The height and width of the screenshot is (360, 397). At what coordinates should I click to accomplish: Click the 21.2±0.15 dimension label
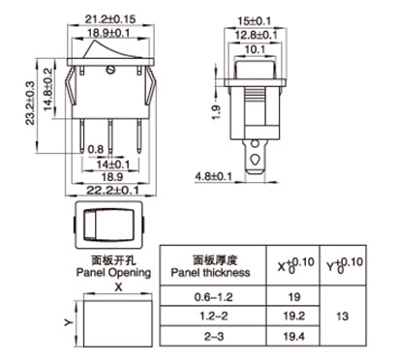110,19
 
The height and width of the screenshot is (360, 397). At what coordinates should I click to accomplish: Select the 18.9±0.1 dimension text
108,33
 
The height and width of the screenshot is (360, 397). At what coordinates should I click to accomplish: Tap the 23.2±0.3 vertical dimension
30,103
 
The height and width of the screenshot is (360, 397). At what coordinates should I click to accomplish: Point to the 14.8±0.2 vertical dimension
47,89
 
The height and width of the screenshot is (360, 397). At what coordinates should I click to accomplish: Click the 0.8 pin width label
96,149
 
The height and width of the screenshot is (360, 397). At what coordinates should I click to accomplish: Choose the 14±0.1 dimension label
113,165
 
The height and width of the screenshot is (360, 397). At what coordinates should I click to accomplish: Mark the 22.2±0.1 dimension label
112,191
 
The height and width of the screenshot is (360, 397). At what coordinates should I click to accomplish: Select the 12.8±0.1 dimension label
257,35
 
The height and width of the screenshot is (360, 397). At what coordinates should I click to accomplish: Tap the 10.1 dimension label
255,49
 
